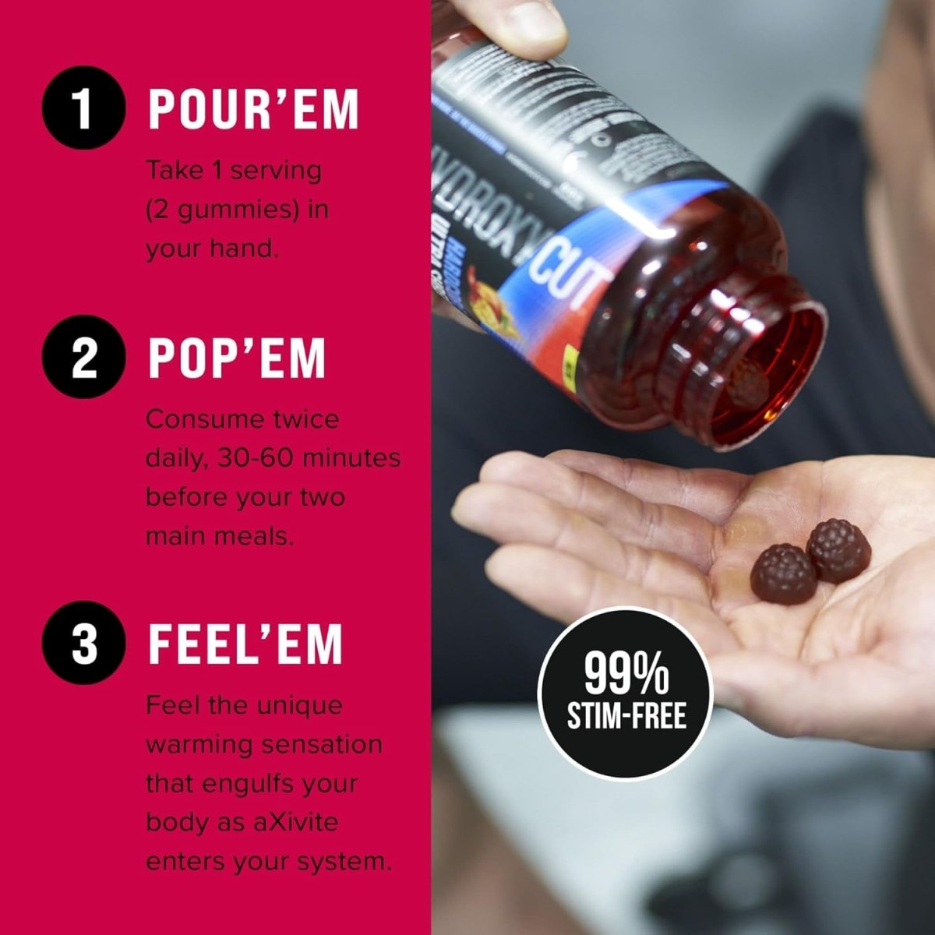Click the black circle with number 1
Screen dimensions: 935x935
[83, 110]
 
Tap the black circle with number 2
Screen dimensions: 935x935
[83, 359]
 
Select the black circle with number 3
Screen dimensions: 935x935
[83, 644]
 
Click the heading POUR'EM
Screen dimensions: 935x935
[253, 110]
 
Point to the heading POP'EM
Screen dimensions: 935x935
[236, 359]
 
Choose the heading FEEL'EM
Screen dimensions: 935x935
[245, 644]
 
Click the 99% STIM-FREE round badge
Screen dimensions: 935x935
[626, 693]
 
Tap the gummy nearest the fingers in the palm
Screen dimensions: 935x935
[783, 573]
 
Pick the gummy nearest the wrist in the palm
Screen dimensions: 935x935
[838, 550]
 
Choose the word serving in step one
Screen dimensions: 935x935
[275, 170]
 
